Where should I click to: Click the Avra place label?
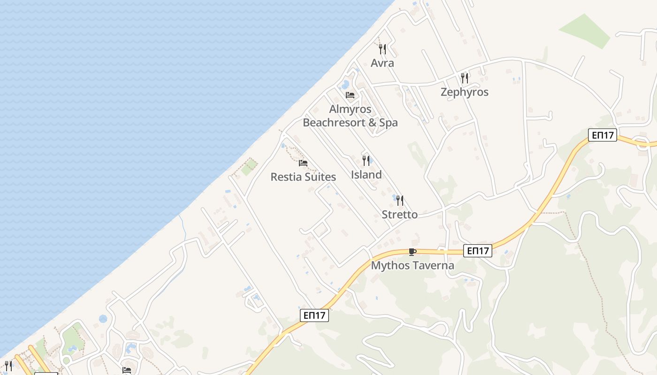(x=382, y=63)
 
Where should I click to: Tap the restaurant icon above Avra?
(x=382, y=49)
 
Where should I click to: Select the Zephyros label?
(x=464, y=92)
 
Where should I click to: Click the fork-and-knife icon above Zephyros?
(x=465, y=78)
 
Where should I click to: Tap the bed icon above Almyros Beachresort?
(x=350, y=95)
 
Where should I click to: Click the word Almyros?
(x=350, y=109)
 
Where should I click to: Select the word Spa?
(x=388, y=123)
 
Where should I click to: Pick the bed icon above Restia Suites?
(x=303, y=163)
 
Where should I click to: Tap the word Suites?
(x=320, y=177)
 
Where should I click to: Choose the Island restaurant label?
(x=366, y=175)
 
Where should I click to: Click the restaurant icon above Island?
(x=366, y=161)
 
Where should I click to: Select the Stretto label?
(x=399, y=215)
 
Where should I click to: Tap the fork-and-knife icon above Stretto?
(x=400, y=201)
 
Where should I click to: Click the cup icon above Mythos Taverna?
(x=413, y=252)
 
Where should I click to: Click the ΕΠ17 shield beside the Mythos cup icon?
(x=478, y=251)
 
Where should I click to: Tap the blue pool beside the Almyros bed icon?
(x=345, y=85)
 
